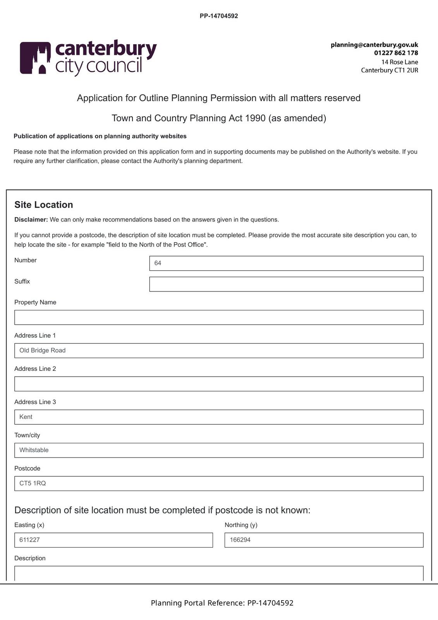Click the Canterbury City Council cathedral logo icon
(x=35, y=58)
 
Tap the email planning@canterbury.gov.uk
(x=374, y=45)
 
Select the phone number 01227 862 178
(x=396, y=53)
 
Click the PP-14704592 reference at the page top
(x=219, y=16)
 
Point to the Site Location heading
(x=44, y=205)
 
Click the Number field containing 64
(x=286, y=263)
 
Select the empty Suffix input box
(x=286, y=284)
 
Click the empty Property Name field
(x=219, y=317)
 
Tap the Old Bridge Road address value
(x=43, y=350)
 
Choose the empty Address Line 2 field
(x=219, y=384)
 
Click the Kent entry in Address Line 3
(x=26, y=417)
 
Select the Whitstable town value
(x=34, y=450)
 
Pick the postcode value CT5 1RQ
(x=33, y=483)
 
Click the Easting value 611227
(x=30, y=540)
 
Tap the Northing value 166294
(x=240, y=540)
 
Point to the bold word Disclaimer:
(x=31, y=220)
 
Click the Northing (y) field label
(x=241, y=525)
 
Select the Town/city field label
(x=27, y=435)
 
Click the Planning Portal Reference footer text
(x=222, y=603)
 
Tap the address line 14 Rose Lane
(x=399, y=62)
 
